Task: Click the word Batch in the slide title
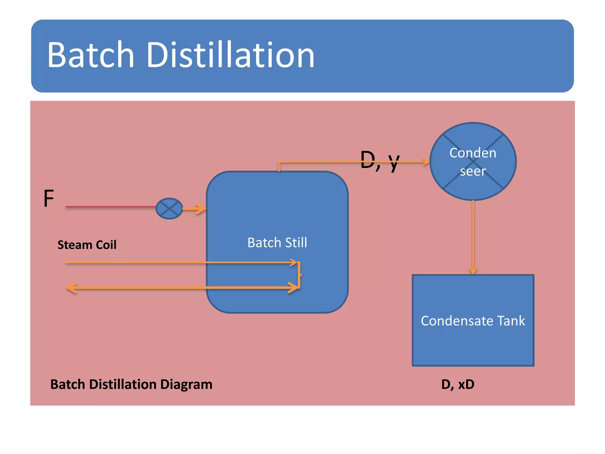(91, 55)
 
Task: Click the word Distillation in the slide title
(230, 55)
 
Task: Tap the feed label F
(49, 199)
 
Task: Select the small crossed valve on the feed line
(169, 209)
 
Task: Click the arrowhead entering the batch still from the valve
(202, 209)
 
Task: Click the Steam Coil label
(87, 245)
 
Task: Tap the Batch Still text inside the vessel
(277, 243)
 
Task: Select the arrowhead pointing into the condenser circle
(426, 162)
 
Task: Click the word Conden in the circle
(473, 153)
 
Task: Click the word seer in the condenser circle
(473, 171)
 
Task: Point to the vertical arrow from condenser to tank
(473, 236)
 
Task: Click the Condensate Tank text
(473, 321)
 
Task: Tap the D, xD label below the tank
(458, 384)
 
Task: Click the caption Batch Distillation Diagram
(131, 384)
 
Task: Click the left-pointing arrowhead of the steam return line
(71, 288)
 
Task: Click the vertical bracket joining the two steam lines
(299, 275)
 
